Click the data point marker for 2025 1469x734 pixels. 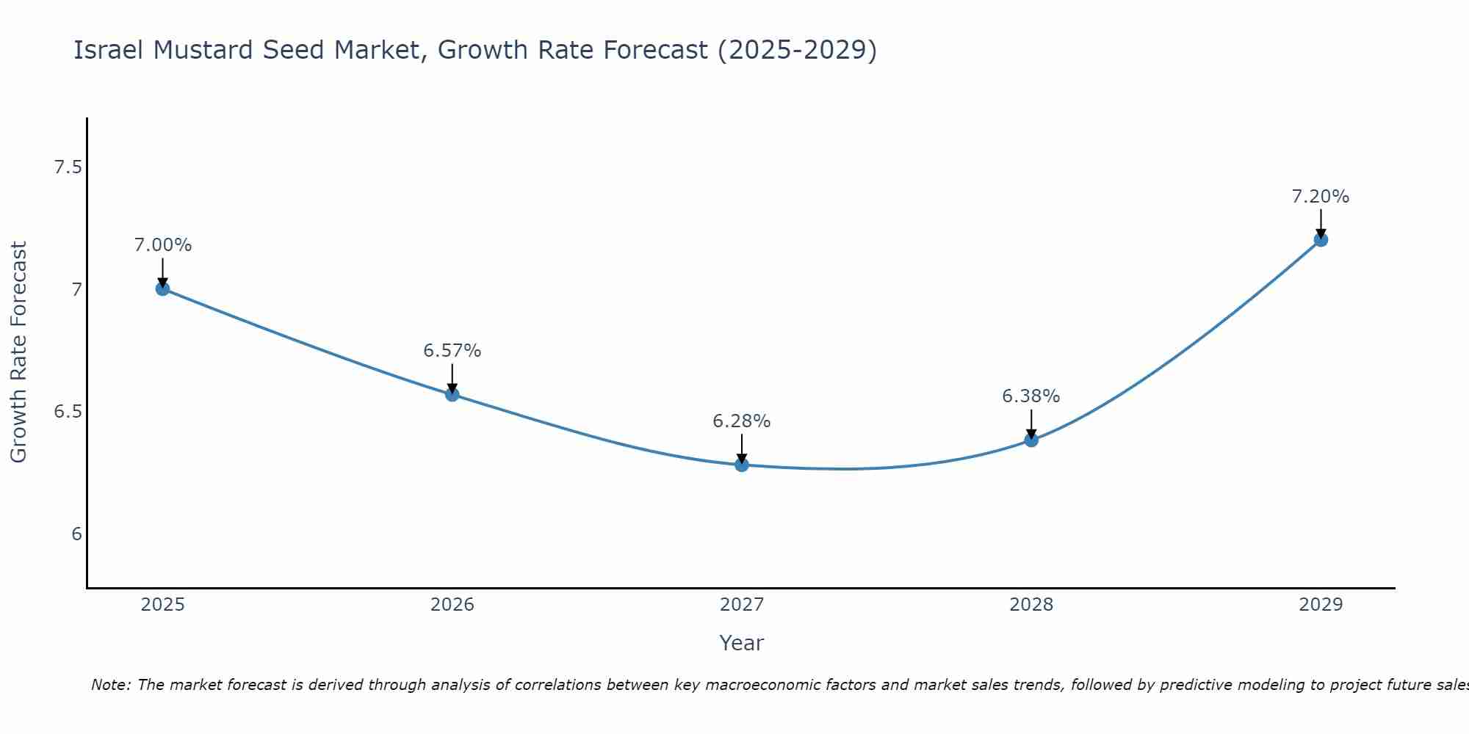162,288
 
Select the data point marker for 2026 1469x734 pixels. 452,394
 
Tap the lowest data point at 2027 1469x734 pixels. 742,465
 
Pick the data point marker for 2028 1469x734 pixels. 1031,440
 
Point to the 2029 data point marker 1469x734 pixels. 1321,239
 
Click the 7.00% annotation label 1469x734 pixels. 162,245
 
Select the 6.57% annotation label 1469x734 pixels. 452,351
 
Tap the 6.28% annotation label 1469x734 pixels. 742,421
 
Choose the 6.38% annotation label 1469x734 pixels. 1031,396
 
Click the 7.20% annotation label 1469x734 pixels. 1321,197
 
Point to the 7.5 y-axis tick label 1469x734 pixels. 68,168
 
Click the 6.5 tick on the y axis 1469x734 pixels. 68,412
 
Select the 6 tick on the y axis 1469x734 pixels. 76,534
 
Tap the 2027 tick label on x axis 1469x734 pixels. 742,605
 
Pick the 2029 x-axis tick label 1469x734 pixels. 1321,605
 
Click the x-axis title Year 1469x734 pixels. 742,643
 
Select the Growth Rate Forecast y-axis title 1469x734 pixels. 18,352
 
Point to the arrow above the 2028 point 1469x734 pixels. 1031,424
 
